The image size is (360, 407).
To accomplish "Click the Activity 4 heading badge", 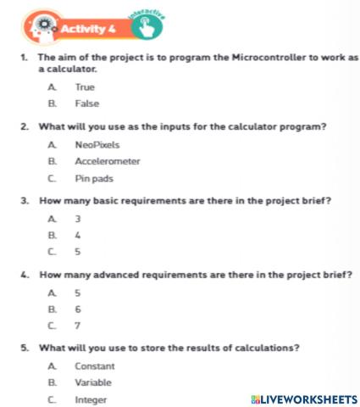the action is [x=85, y=31].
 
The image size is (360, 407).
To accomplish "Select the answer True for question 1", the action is [x=85, y=87].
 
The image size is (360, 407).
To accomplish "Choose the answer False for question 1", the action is [x=86, y=103].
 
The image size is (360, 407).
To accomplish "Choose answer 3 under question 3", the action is [x=77, y=219].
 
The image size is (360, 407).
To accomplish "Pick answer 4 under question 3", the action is [x=77, y=235].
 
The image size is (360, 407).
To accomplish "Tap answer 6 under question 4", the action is [x=77, y=309].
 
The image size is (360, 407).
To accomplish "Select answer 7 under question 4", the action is [x=77, y=326].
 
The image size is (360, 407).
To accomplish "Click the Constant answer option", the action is [x=94, y=366].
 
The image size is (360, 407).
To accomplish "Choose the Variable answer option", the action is [x=93, y=382].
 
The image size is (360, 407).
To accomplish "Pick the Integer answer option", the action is [x=91, y=399].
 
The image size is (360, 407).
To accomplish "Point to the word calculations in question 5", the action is [x=255, y=348].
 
